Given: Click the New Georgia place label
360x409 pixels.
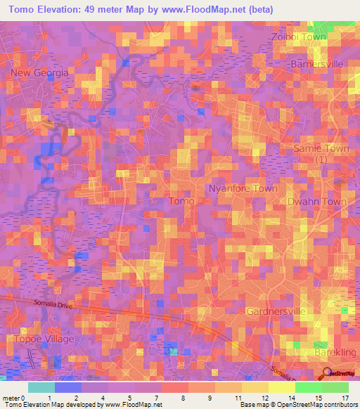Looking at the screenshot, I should click(39, 72).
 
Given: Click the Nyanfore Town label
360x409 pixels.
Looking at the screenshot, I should click(243, 189).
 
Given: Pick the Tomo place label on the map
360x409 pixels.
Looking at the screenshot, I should click(181, 201).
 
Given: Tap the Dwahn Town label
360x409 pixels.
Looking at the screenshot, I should click(318, 202).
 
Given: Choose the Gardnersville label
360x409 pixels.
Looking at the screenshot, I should click(274, 311).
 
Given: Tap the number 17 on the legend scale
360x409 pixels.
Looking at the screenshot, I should click(345, 398).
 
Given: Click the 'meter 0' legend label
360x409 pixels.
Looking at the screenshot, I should click(13, 398).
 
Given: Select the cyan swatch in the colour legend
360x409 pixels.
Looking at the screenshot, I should click(41, 387).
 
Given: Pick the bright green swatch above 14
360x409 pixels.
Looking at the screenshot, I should click(308, 387).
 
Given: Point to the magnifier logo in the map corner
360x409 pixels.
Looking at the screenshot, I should click(326, 373).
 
